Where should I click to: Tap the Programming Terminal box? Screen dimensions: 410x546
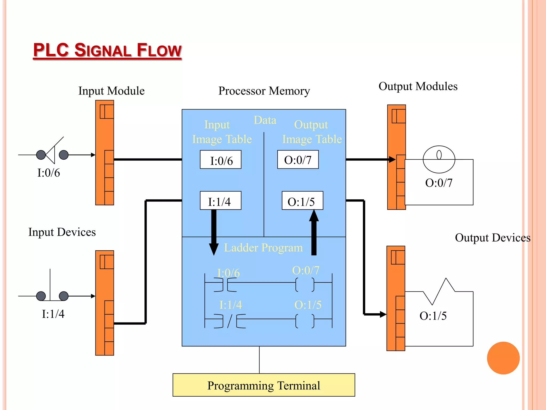click(264, 385)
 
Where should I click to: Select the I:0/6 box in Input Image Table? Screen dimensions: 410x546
click(220, 160)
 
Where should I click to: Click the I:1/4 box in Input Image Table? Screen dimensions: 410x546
click(220, 201)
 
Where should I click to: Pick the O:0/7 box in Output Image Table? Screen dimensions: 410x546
click(298, 160)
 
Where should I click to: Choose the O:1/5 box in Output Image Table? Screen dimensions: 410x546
click(302, 201)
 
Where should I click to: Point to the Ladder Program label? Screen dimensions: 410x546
click(263, 248)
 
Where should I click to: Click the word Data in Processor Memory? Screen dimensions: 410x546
click(265, 120)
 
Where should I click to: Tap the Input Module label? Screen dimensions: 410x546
click(111, 91)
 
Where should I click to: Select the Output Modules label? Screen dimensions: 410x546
click(418, 86)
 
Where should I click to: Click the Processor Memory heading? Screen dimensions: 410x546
click(264, 91)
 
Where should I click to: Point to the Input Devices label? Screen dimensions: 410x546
click(62, 232)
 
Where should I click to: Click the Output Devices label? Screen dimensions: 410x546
click(492, 238)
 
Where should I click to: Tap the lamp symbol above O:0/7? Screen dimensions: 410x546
click(439, 159)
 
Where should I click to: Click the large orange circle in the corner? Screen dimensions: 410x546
click(503, 358)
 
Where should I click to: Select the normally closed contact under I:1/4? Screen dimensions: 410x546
click(230, 321)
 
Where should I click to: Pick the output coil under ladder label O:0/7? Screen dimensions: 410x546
click(305, 285)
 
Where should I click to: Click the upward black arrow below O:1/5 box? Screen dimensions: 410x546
click(314, 232)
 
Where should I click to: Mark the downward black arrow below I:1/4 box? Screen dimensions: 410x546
click(214, 232)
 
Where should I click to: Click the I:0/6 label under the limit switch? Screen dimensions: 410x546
click(49, 173)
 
